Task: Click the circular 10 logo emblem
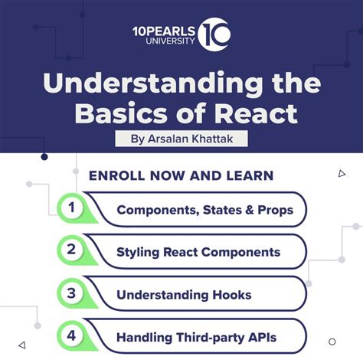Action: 214,36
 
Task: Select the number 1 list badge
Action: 72,208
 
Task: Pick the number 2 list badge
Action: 72,250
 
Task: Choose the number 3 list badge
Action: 72,293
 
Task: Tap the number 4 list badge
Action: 72,335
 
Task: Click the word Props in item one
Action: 275,210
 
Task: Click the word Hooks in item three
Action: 229,294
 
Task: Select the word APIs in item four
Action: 260,336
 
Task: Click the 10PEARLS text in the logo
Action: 162,30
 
